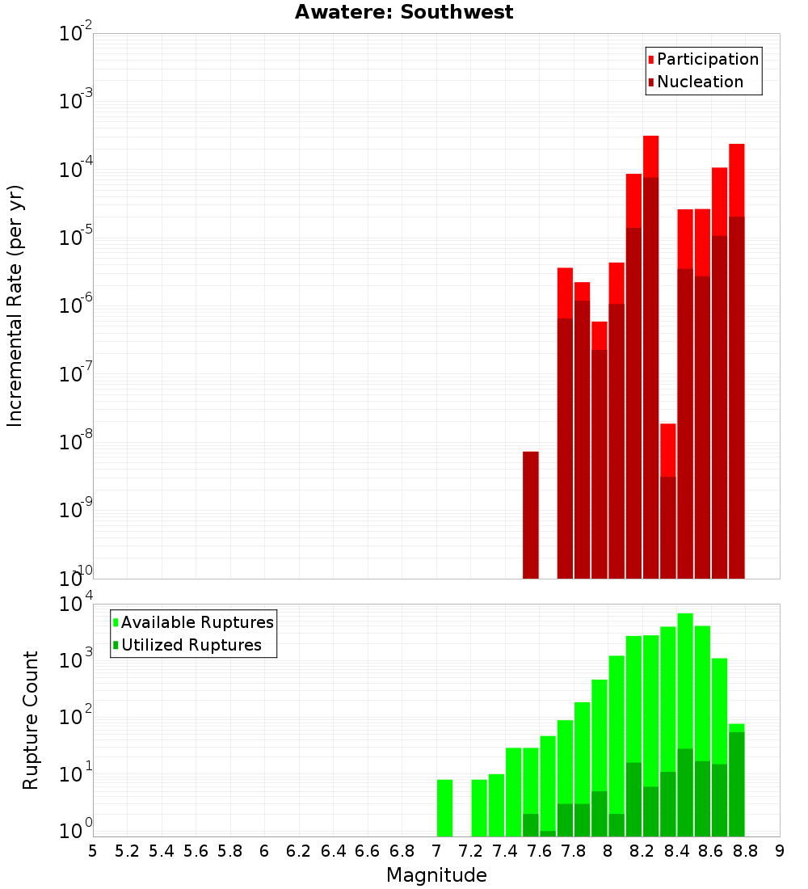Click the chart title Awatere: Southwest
pyautogui.click(x=404, y=12)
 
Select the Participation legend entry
pyautogui.click(x=703, y=59)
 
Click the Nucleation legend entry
pyautogui.click(x=696, y=82)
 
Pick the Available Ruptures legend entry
pyautogui.click(x=193, y=622)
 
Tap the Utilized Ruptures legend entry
pyautogui.click(x=187, y=645)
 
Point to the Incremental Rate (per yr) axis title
pyautogui.click(x=15, y=305)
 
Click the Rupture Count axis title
pyautogui.click(x=30, y=721)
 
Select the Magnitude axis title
pyautogui.click(x=436, y=874)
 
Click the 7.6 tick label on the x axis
pyautogui.click(x=539, y=852)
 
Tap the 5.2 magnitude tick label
pyautogui.click(x=127, y=852)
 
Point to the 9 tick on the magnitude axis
pyautogui.click(x=780, y=852)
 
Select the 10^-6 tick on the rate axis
pyautogui.click(x=75, y=305)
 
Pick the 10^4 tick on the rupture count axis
pyautogui.click(x=75, y=603)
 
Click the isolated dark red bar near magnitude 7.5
pyautogui.click(x=531, y=516)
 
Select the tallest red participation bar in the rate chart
pyautogui.click(x=651, y=157)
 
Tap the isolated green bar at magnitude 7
pyautogui.click(x=444, y=808)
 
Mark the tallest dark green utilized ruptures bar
pyautogui.click(x=737, y=784)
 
